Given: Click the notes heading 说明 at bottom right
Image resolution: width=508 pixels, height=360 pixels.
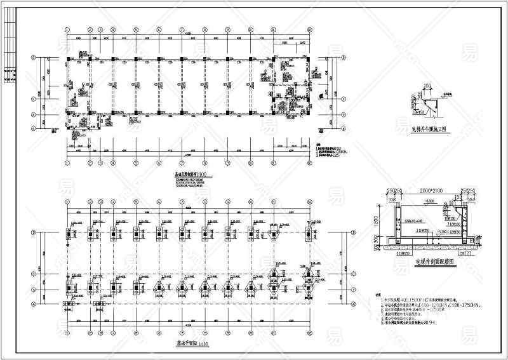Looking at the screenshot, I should tap(378, 295).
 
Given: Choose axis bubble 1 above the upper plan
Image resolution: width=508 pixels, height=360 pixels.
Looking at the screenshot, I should tap(68, 29).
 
